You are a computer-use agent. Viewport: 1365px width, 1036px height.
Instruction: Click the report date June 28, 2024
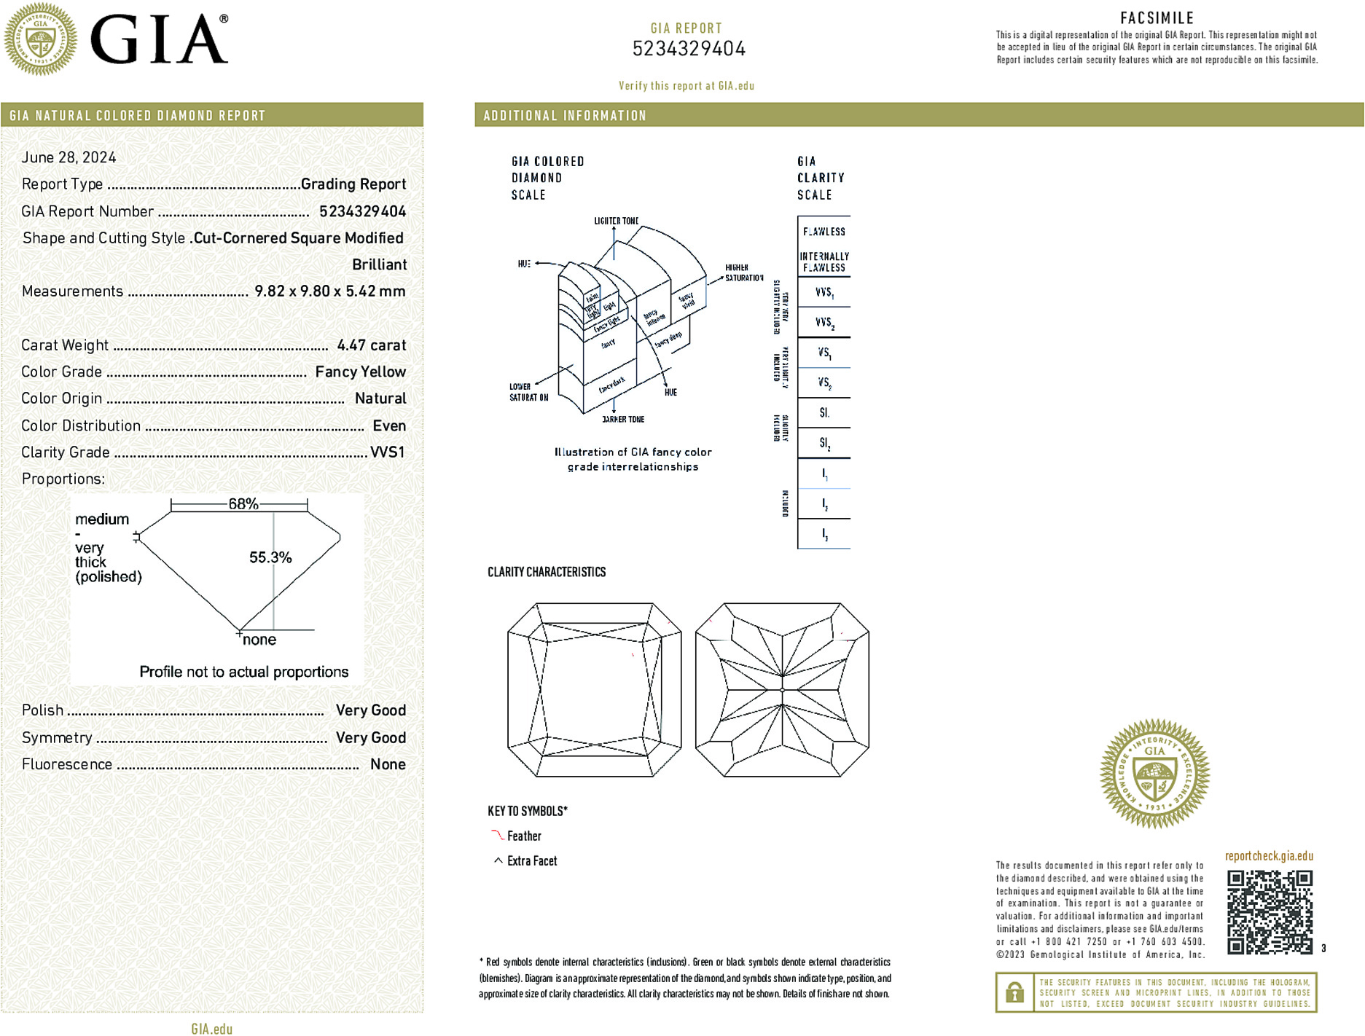point(69,157)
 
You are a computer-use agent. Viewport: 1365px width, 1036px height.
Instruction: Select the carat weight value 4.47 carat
point(371,345)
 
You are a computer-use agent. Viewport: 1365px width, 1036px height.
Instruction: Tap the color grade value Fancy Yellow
point(360,372)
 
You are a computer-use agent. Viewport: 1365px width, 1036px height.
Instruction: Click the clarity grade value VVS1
point(387,452)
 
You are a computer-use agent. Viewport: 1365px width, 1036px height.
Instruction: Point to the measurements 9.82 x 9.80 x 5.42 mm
point(329,291)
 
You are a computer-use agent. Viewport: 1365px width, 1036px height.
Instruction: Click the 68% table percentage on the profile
point(243,503)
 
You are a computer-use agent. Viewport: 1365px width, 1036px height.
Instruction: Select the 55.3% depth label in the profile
point(270,557)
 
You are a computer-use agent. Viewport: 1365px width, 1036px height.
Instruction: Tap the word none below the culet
point(259,640)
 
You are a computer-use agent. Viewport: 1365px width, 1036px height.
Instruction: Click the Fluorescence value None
point(388,764)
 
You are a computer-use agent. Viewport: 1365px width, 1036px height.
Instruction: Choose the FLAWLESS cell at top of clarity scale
point(824,232)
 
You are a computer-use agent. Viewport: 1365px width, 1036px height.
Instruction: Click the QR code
point(1270,912)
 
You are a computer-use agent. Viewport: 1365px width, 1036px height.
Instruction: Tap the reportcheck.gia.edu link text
point(1269,856)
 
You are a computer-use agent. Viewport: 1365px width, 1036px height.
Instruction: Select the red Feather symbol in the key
point(497,835)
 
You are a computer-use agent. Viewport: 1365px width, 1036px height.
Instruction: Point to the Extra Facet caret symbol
point(498,860)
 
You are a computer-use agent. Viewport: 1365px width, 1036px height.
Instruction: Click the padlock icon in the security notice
point(1014,992)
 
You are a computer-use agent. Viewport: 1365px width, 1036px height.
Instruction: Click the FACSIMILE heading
point(1157,18)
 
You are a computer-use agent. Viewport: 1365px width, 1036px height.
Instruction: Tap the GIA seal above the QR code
point(1154,773)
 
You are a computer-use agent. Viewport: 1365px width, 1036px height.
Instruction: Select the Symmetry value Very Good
point(370,737)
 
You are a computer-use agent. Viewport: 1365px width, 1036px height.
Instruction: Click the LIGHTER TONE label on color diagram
point(616,221)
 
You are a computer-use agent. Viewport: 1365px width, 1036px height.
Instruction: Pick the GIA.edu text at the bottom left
point(212,1029)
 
